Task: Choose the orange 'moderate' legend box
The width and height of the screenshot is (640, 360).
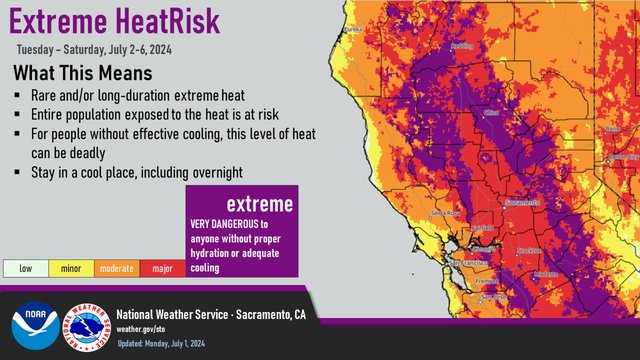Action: click(x=116, y=268)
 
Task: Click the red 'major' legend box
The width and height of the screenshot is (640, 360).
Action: click(x=163, y=268)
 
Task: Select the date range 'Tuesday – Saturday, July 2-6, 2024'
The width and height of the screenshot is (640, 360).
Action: click(x=91, y=48)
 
